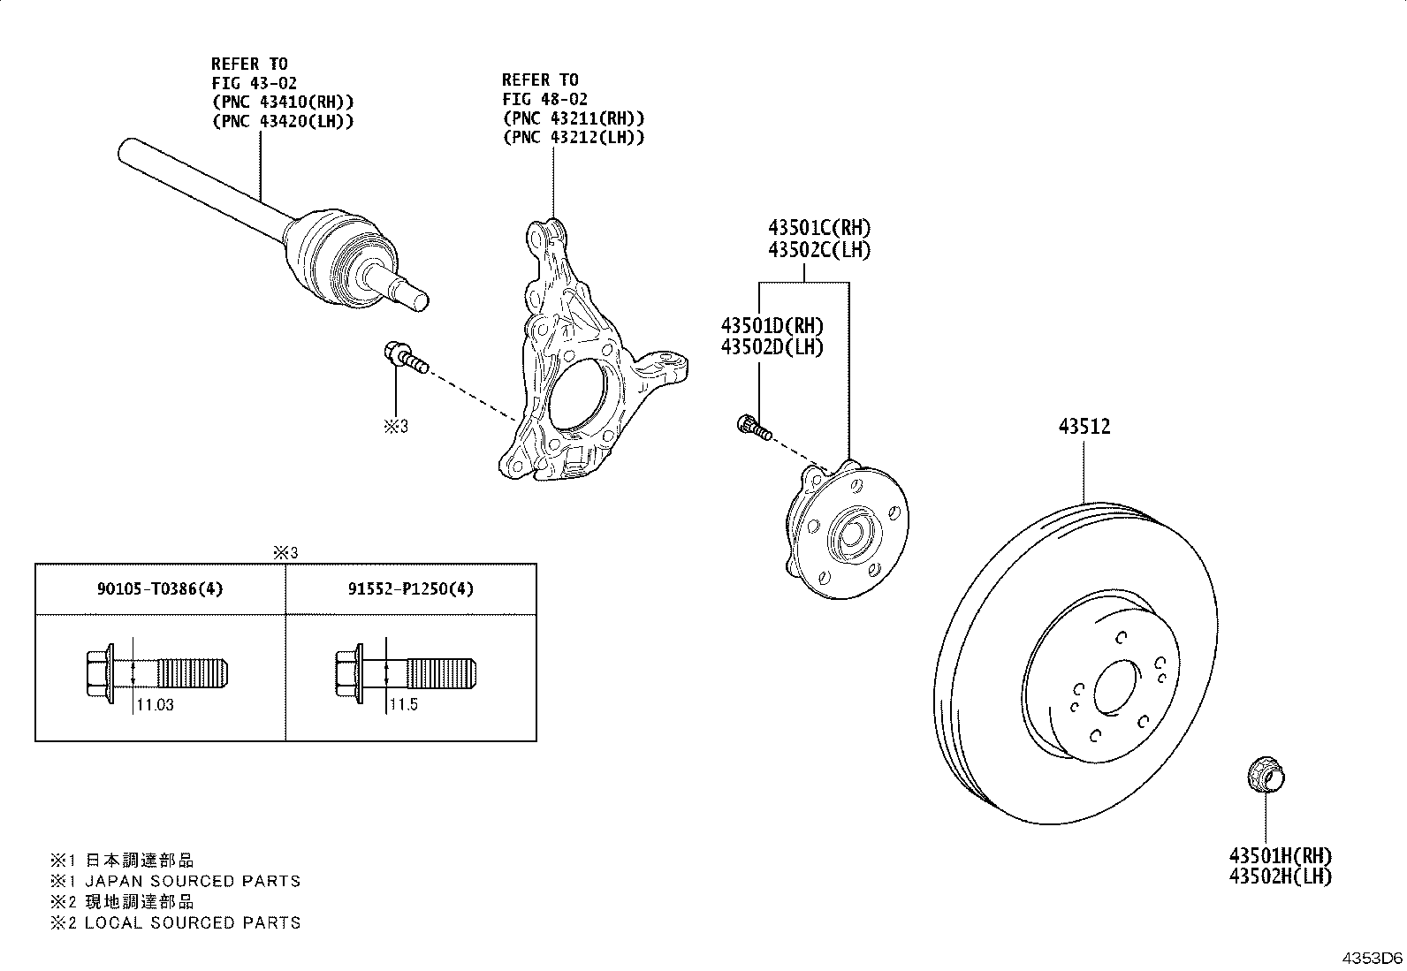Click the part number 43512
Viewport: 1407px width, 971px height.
coord(1084,427)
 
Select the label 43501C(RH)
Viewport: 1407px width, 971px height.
coord(819,227)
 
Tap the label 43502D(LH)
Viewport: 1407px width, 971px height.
coord(772,346)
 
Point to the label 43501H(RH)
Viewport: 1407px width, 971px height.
coord(1280,855)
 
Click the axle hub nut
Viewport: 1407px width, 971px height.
coord(1266,775)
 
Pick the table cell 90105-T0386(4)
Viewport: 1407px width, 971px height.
coord(160,588)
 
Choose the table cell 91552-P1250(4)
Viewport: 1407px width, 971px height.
coord(411,588)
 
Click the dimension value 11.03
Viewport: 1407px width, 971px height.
coord(156,705)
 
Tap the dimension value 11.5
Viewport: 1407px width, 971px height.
coord(403,704)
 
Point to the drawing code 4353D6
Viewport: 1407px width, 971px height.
coord(1373,958)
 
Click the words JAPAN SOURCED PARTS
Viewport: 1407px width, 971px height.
coord(193,881)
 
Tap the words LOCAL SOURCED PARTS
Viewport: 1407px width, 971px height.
coord(193,922)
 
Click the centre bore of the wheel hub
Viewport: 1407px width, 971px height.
coord(851,535)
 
